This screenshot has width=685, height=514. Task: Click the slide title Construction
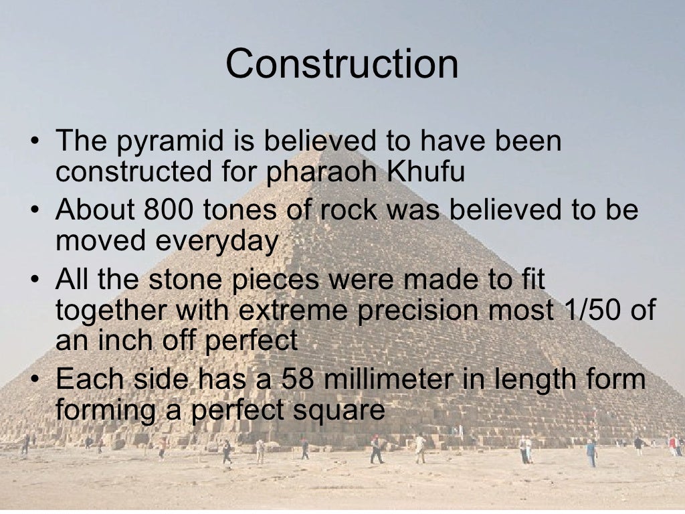[342, 64]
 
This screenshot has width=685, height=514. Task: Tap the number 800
[167, 210]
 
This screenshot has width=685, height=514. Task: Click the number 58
[298, 379]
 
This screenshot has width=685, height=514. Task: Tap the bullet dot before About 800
[35, 211]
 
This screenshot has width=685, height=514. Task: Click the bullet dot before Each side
[35, 380]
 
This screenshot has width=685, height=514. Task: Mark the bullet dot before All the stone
[35, 280]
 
